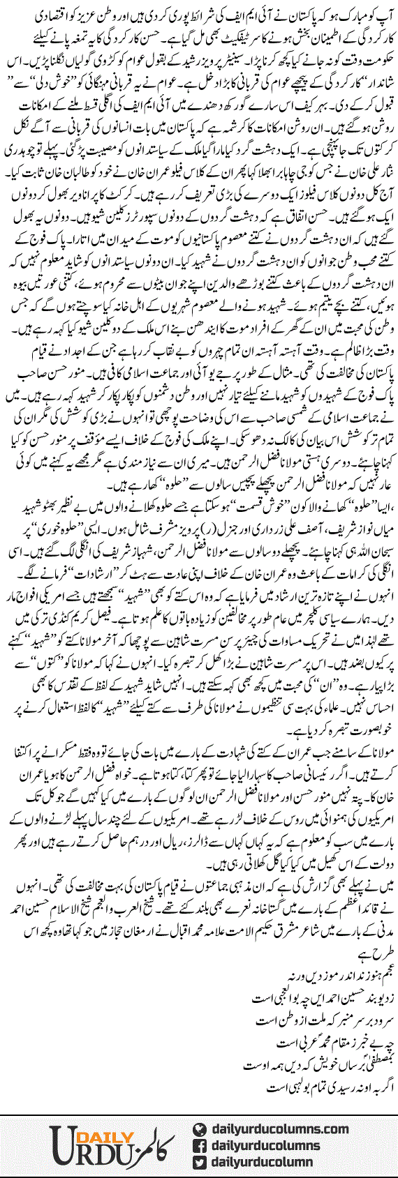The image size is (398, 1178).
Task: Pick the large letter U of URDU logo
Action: (x=65, y=1144)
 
